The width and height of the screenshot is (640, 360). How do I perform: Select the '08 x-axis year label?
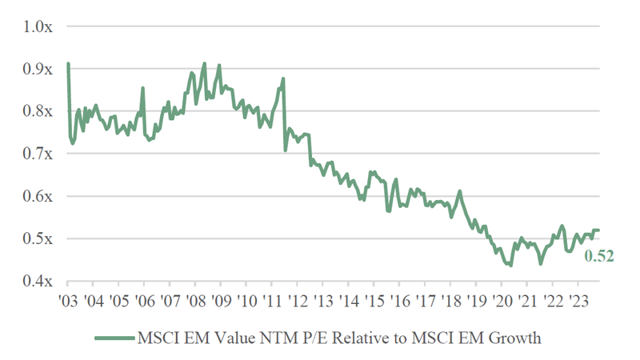195,301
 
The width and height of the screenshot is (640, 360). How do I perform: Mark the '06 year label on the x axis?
144,301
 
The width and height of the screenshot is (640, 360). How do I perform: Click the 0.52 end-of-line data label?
599,256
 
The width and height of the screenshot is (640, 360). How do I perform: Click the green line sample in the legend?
113,338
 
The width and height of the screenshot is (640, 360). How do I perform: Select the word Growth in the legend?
515,338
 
